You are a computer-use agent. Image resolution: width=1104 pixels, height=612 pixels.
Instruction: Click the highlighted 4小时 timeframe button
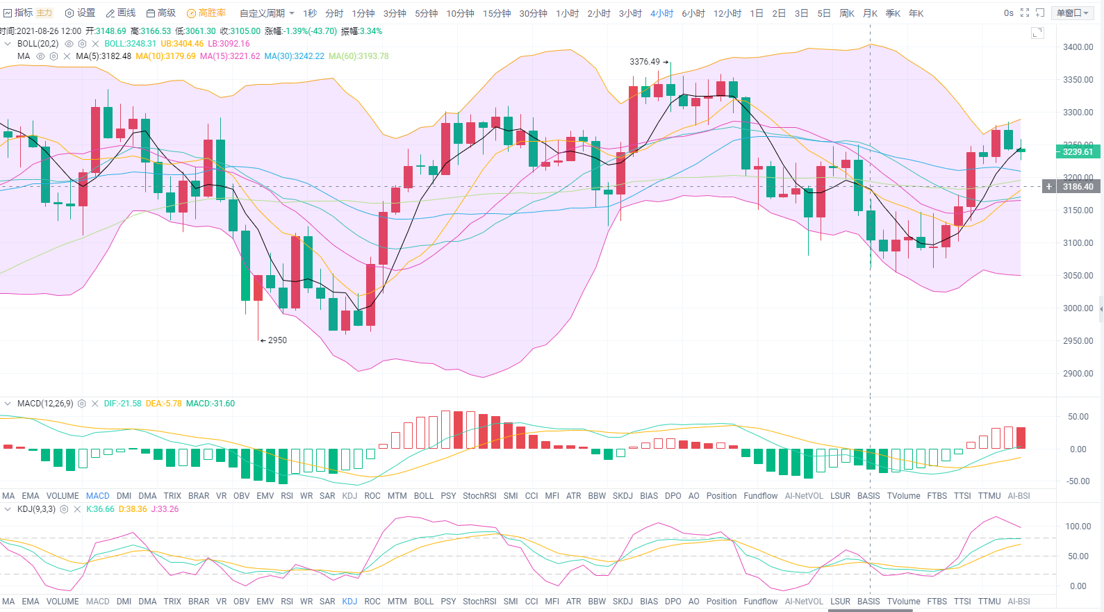(661, 13)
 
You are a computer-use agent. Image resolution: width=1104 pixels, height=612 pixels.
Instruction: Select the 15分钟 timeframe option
(497, 13)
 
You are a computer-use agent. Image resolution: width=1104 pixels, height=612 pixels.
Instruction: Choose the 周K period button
(846, 13)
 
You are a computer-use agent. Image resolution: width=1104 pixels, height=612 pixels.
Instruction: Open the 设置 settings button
(80, 13)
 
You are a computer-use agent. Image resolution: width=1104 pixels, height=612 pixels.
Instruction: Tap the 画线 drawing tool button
(121, 13)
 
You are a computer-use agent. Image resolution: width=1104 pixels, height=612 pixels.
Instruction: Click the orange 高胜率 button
(206, 13)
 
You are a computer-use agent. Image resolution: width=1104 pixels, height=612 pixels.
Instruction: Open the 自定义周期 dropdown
(267, 13)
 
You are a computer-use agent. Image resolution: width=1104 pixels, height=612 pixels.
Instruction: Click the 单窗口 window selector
(1072, 13)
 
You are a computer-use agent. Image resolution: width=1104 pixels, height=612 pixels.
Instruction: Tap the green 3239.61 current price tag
(1077, 151)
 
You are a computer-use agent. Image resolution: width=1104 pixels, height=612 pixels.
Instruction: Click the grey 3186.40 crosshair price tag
(1077, 186)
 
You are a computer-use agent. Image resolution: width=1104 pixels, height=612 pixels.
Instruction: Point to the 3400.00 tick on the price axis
(1078, 47)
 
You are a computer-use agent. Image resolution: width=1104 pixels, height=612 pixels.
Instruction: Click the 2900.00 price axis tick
(1078, 374)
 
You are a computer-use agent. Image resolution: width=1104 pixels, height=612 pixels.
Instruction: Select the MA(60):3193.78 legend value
(359, 56)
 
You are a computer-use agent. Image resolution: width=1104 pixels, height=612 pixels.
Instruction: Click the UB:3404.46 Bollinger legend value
(182, 44)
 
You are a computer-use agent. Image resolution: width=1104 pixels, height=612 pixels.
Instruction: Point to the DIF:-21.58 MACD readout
(122, 404)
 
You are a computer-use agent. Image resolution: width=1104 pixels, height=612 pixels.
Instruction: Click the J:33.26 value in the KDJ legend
(165, 509)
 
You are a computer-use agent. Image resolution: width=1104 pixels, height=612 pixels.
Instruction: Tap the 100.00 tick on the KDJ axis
(1078, 527)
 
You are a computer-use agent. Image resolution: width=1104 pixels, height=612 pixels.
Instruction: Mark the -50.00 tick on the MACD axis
(1078, 481)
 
